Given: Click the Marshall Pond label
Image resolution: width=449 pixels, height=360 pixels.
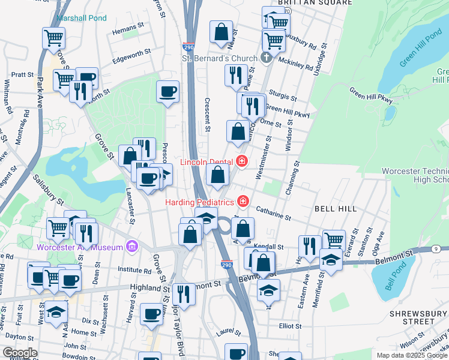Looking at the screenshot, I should (x=82, y=18).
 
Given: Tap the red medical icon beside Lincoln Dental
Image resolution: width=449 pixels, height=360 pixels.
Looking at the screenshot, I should (x=242, y=161).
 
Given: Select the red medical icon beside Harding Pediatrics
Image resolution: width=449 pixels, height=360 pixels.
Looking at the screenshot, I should (x=243, y=200).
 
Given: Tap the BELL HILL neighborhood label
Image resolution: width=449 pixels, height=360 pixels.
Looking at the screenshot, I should (x=335, y=209).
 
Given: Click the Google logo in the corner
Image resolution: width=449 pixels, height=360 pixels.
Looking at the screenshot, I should (x=20, y=353).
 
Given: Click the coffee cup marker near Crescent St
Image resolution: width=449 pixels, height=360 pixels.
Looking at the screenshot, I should (x=168, y=92).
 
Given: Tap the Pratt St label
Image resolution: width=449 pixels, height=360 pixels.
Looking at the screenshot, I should (x=22, y=75).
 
